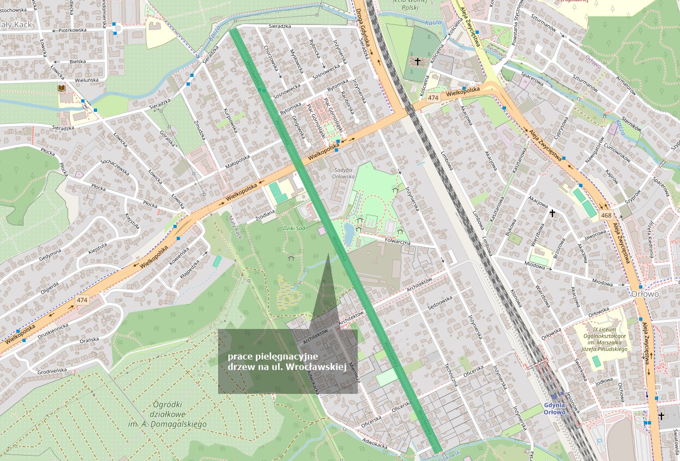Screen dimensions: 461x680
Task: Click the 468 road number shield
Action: (605, 215)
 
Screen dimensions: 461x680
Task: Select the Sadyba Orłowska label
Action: (344, 173)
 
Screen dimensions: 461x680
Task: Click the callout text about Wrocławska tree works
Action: (287, 362)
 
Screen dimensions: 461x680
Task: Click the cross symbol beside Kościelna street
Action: (418, 62)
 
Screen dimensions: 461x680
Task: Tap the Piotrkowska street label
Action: (72, 31)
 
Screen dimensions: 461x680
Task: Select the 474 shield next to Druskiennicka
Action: (82, 300)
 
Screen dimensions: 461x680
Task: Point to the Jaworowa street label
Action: (595, 235)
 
